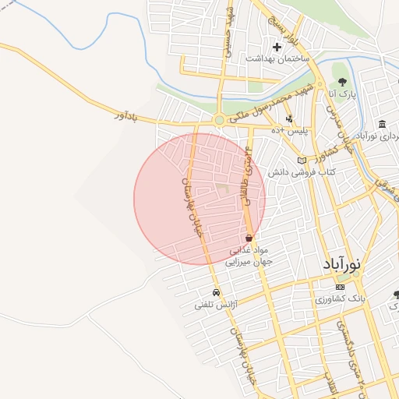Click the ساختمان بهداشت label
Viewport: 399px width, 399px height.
coord(277,58)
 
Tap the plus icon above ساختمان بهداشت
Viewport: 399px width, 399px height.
coord(277,48)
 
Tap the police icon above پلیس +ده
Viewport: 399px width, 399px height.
coord(289,119)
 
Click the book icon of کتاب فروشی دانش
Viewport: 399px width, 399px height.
coord(302,161)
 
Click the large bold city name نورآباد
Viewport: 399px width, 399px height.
coord(341,263)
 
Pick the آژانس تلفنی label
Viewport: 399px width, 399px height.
coord(215,305)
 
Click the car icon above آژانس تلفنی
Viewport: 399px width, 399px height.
coord(215,293)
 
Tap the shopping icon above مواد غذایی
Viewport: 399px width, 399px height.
coord(249,238)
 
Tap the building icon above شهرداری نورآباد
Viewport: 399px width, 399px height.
coord(381,125)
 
